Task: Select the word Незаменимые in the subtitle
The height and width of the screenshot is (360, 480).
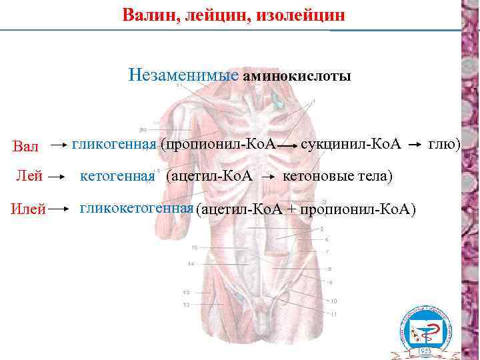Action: click(183, 75)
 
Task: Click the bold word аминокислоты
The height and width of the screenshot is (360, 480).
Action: click(297, 76)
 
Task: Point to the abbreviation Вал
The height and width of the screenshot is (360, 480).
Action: click(26, 146)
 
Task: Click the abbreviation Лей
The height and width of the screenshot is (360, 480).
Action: click(30, 177)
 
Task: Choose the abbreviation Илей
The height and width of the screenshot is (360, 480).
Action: click(28, 210)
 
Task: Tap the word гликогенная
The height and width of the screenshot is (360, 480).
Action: click(114, 143)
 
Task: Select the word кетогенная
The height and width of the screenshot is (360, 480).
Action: click(117, 176)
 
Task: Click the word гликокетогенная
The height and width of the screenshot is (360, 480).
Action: click(137, 207)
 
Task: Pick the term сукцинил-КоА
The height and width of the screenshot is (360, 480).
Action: click(351, 143)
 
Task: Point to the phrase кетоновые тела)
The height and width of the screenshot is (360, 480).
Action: click(338, 176)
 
